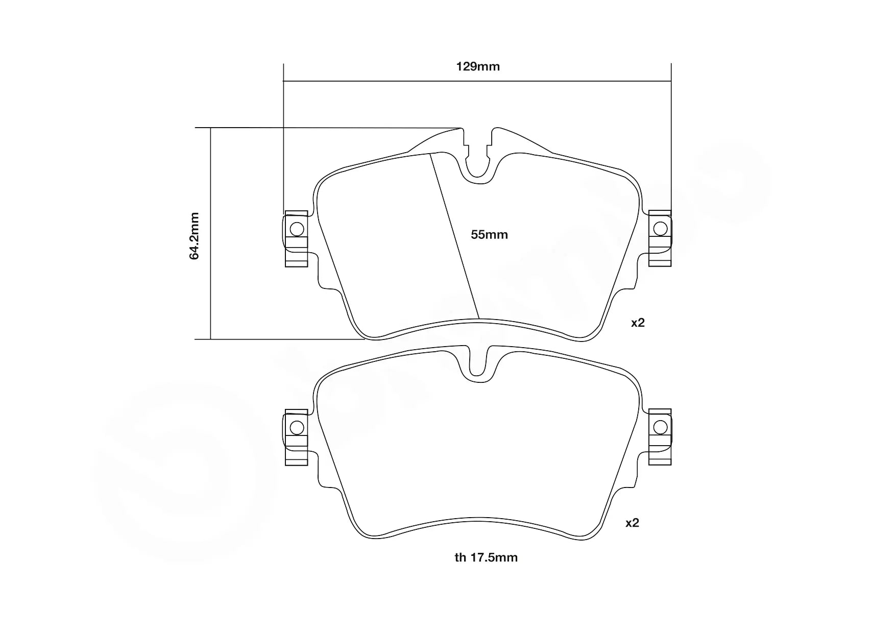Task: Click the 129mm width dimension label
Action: [477, 66]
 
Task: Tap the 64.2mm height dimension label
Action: [195, 236]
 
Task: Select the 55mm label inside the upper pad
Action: [489, 235]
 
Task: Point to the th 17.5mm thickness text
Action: [486, 557]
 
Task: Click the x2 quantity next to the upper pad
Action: [638, 323]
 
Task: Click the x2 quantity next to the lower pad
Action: [632, 523]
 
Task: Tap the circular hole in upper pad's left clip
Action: [297, 228]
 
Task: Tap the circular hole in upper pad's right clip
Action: [660, 228]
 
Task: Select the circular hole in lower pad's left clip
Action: [297, 427]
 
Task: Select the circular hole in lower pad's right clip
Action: [660, 427]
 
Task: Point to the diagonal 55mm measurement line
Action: [454, 235]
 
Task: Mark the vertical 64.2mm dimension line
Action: [210, 286]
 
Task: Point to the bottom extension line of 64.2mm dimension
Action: [281, 339]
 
